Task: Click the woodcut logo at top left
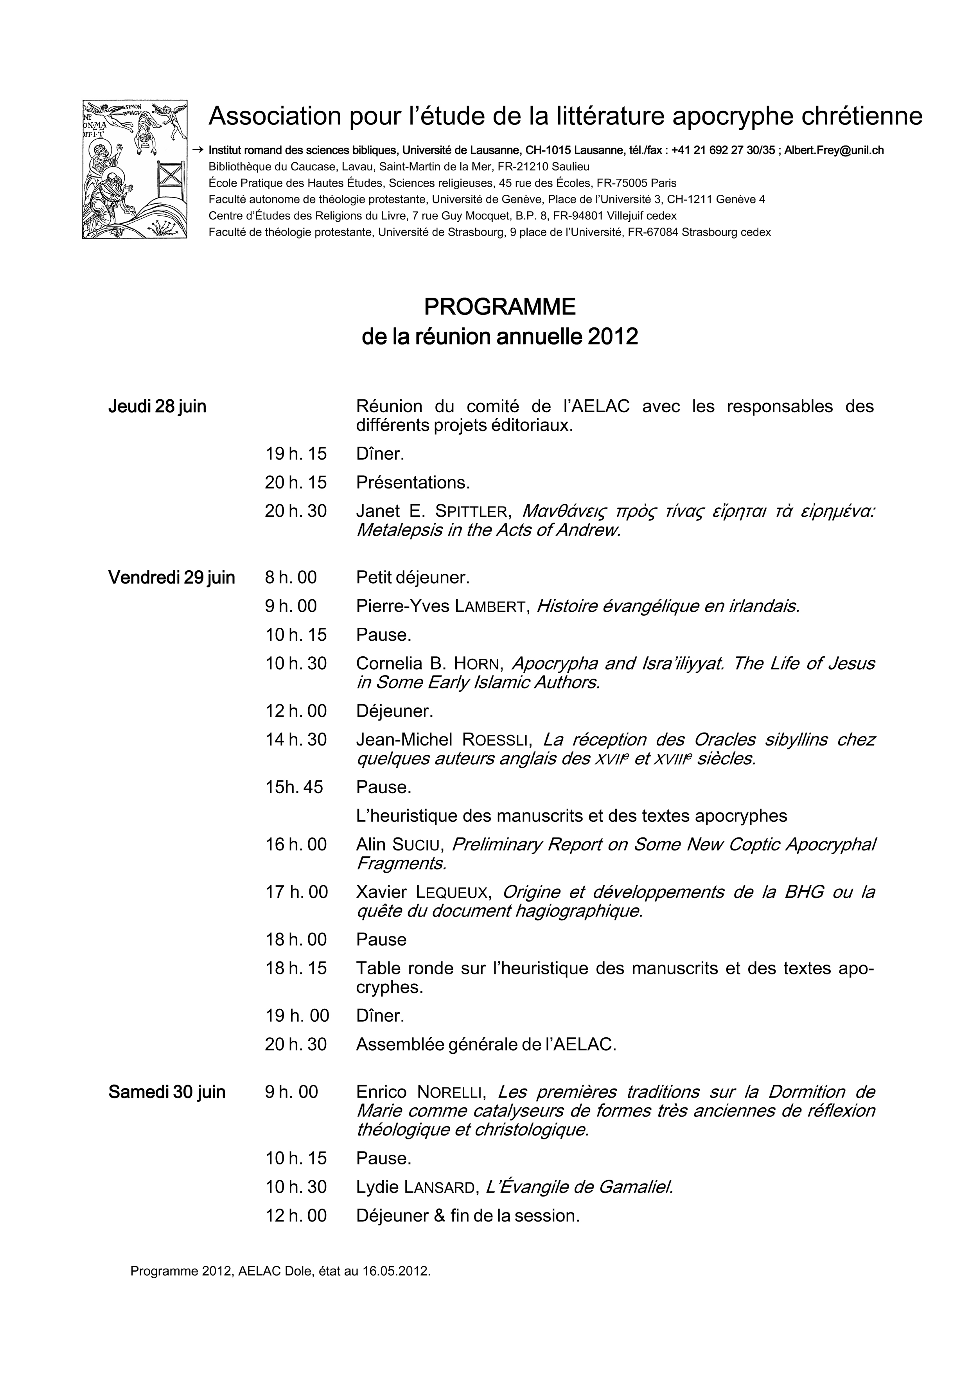pyautogui.click(x=135, y=169)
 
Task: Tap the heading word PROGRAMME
pyautogui.click(x=499, y=307)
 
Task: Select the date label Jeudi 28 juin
pyautogui.click(x=157, y=406)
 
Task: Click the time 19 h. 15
pyautogui.click(x=296, y=454)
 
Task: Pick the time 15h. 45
pyautogui.click(x=294, y=787)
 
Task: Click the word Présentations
pyautogui.click(x=413, y=483)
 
